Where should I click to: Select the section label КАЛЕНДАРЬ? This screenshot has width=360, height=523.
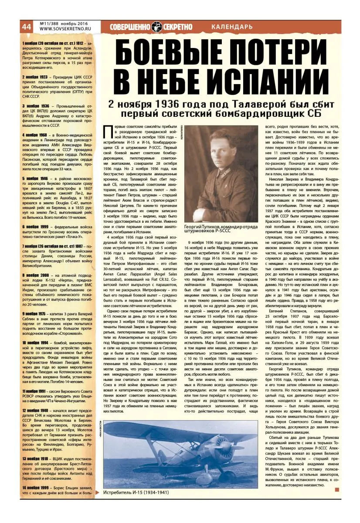(231, 27)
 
